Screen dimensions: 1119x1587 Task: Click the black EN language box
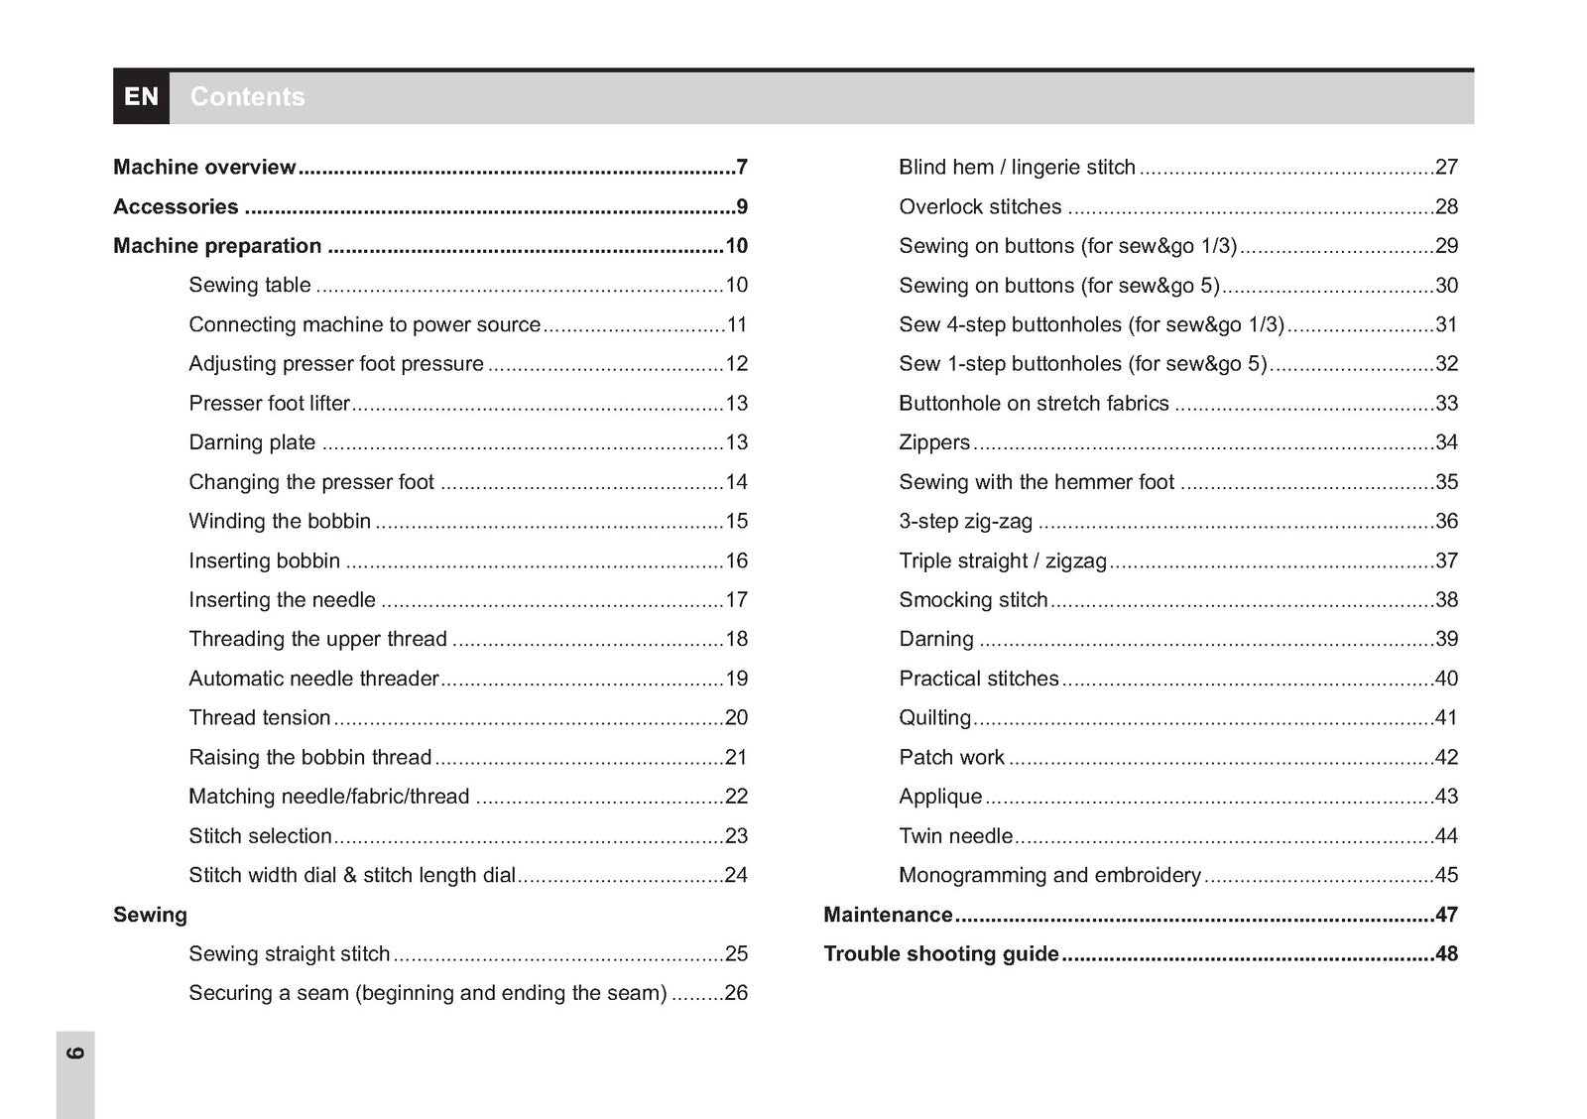pyautogui.click(x=141, y=97)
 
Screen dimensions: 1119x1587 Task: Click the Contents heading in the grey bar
pyautogui.click(x=247, y=97)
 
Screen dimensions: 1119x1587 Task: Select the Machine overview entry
pyautogui.click(x=204, y=167)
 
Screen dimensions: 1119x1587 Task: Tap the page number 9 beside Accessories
pyautogui.click(x=742, y=206)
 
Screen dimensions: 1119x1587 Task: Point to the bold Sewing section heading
pyautogui.click(x=150, y=915)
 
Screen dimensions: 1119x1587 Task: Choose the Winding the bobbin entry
pyautogui.click(x=280, y=521)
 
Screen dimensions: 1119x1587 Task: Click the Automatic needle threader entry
pyautogui.click(x=313, y=679)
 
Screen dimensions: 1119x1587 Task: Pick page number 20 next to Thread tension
pyautogui.click(x=736, y=717)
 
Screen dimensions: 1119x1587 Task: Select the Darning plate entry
pyautogui.click(x=252, y=442)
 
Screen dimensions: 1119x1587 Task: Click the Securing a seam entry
pyautogui.click(x=427, y=993)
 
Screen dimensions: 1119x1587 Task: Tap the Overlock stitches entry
pyautogui.click(x=980, y=206)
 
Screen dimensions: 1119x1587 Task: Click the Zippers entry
pyautogui.click(x=934, y=442)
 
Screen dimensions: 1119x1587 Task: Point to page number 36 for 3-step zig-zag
pyautogui.click(x=1446, y=521)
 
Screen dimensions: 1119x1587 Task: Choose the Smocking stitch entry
pyautogui.click(x=973, y=600)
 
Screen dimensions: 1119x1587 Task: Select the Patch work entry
pyautogui.click(x=951, y=757)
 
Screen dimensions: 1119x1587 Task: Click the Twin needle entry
pyautogui.click(x=955, y=836)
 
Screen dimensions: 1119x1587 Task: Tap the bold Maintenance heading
pyautogui.click(x=888, y=915)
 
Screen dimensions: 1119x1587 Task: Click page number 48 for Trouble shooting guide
pyautogui.click(x=1446, y=954)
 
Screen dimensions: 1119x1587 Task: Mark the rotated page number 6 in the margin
pyautogui.click(x=75, y=1053)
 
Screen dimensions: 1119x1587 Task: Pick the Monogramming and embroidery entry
pyautogui.click(x=1049, y=875)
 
